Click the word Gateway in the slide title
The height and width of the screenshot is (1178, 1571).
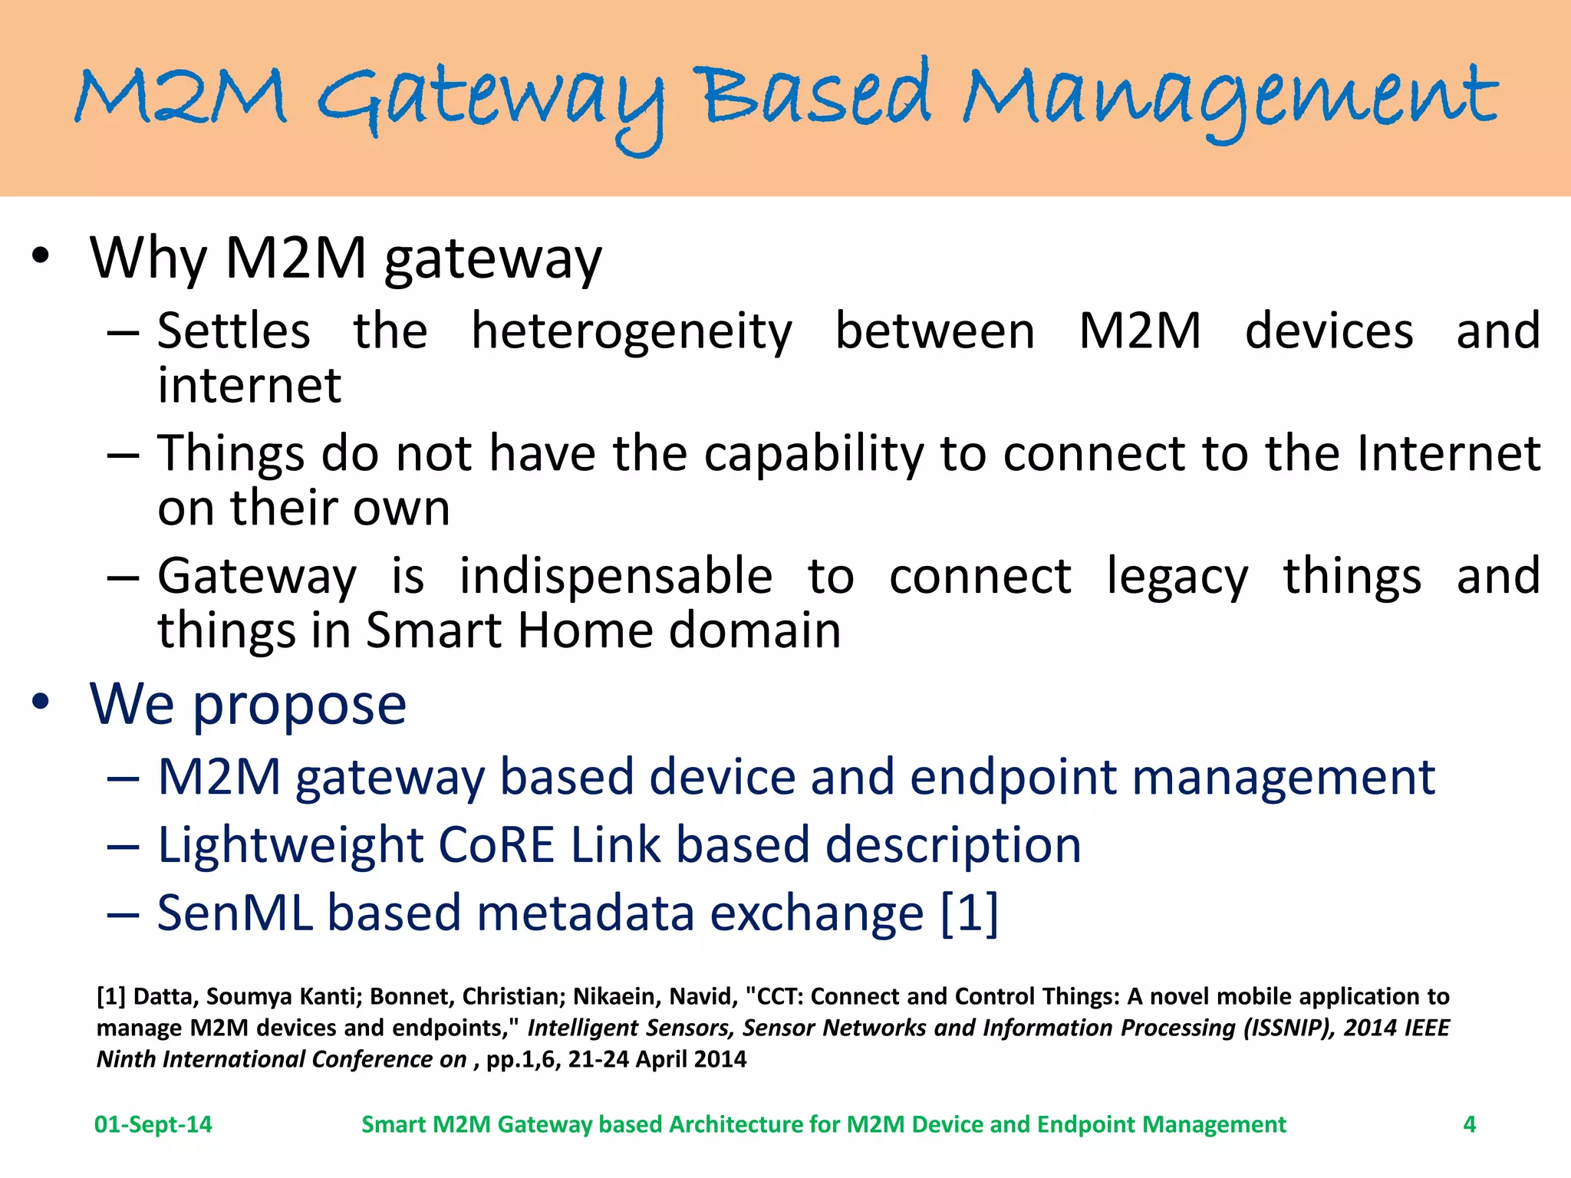[491, 104]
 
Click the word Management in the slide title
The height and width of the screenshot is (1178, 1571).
[1230, 100]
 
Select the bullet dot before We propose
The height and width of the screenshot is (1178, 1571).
[41, 701]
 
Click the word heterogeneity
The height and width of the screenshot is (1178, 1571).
[631, 331]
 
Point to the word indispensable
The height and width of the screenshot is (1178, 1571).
[615, 576]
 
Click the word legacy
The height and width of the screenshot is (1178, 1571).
[1177, 576]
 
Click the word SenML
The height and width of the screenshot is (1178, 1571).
[235, 913]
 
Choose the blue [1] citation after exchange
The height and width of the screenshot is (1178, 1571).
[970, 913]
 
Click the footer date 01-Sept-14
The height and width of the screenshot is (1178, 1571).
[153, 1124]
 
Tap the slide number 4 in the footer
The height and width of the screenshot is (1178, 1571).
[1469, 1124]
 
